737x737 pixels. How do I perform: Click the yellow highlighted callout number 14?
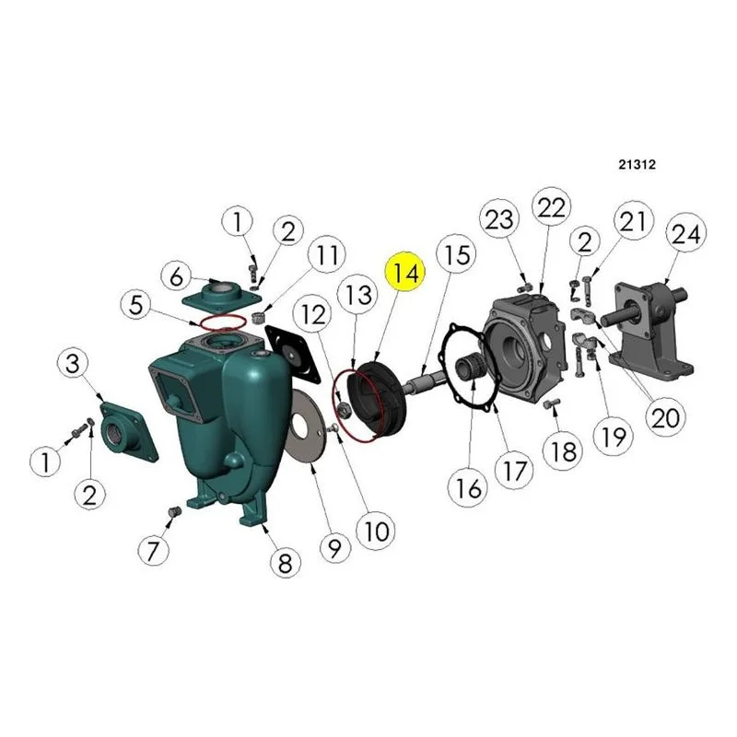pyautogui.click(x=404, y=272)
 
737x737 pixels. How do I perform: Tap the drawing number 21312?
pyautogui.click(x=637, y=165)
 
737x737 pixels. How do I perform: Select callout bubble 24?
pyautogui.click(x=685, y=234)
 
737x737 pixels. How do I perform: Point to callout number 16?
pyautogui.click(x=469, y=487)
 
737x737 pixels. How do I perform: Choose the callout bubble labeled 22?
pyautogui.click(x=551, y=207)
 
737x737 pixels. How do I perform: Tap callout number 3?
pyautogui.click(x=73, y=363)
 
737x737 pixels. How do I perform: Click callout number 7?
pyautogui.click(x=153, y=550)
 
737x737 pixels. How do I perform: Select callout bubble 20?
pyautogui.click(x=665, y=417)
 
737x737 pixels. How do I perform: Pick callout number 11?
pyautogui.click(x=327, y=255)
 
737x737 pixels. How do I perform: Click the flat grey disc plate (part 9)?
pyautogui.click(x=306, y=425)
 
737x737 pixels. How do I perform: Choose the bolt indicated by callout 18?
pyautogui.click(x=552, y=404)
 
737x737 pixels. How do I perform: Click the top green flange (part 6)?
pyautogui.click(x=221, y=295)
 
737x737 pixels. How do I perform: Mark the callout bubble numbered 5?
pyautogui.click(x=135, y=306)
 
